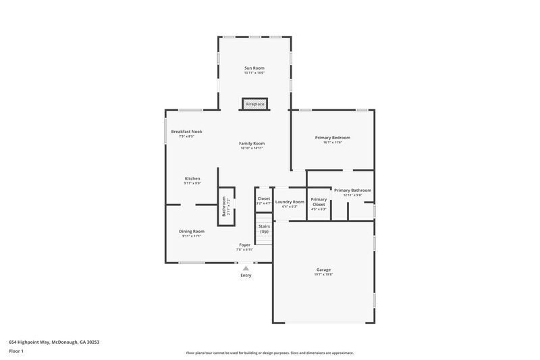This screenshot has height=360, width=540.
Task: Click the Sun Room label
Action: click(254, 68)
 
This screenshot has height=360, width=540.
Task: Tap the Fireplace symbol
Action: click(254, 104)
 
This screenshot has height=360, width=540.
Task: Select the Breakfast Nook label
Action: click(186, 132)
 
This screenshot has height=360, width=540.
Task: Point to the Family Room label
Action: click(252, 143)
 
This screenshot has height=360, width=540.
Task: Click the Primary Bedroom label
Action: click(332, 138)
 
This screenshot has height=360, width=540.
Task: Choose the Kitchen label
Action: click(192, 178)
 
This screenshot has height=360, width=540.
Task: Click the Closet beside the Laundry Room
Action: click(263, 200)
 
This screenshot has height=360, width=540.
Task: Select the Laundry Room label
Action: click(290, 202)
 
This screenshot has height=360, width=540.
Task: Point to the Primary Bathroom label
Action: click(352, 190)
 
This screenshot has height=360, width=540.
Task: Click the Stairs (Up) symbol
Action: click(264, 230)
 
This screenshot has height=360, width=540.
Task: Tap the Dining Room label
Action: click(192, 231)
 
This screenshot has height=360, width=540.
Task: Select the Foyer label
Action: click(244, 245)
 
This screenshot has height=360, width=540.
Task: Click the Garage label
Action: click(323, 269)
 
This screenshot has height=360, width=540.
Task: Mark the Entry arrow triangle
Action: click(246, 268)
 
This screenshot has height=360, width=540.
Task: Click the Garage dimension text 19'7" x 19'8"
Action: click(323, 275)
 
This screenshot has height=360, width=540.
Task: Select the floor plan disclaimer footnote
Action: click(269, 353)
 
